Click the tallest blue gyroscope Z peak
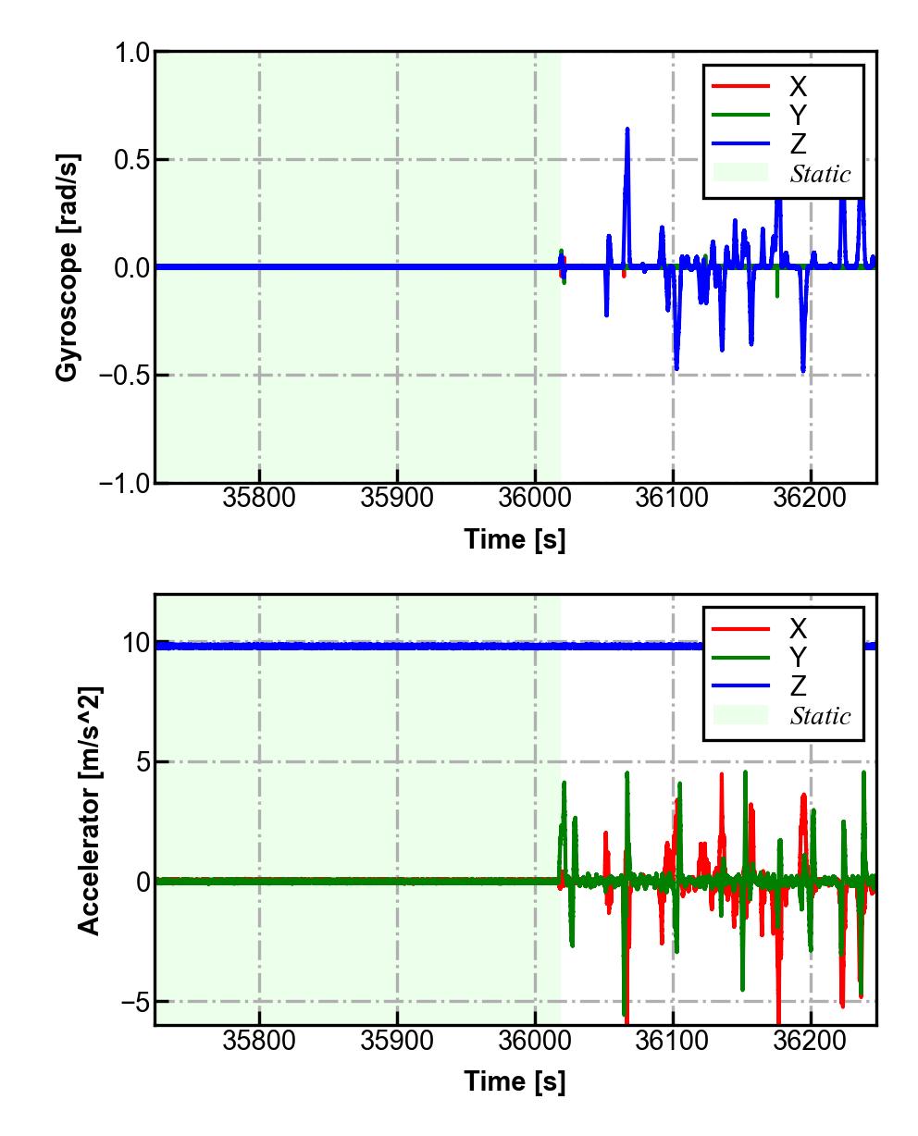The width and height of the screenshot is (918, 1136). click(626, 130)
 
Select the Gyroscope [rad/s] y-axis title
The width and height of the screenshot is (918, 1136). click(67, 266)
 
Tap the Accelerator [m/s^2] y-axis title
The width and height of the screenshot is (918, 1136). click(90, 809)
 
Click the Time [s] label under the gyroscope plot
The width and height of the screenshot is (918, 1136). click(515, 539)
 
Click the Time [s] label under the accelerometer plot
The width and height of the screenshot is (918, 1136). click(515, 1080)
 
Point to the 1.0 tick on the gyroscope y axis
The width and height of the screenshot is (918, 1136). click(132, 53)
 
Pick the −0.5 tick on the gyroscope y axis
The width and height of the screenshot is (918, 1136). click(124, 376)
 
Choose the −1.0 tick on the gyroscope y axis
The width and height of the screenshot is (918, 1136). click(124, 483)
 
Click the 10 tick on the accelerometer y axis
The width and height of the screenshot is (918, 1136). click(136, 643)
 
